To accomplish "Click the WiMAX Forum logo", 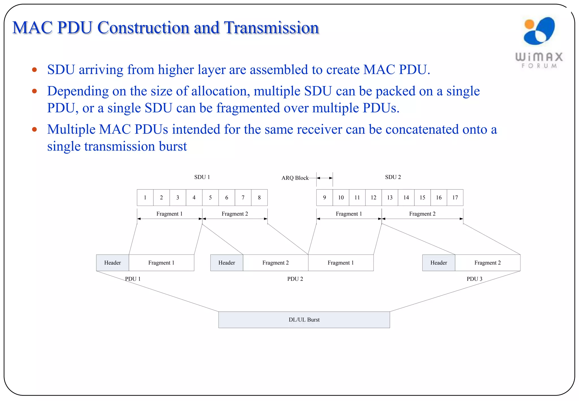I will tap(539, 42).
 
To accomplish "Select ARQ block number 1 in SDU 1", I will tap(145, 198).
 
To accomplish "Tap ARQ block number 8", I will tap(259, 198).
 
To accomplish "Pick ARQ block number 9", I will tap(325, 198).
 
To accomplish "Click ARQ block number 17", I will tap(455, 198).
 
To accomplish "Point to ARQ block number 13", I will tap(390, 198).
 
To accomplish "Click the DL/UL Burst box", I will tap(304, 320).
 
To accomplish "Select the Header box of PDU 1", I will tap(113, 263).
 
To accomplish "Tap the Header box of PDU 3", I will tap(438, 263).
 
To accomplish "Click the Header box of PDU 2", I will tap(226, 263).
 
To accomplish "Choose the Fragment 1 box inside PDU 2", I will tap(341, 263).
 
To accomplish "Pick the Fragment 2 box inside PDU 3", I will tap(487, 263).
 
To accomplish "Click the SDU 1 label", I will tap(202, 177).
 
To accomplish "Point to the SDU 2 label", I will tap(393, 177).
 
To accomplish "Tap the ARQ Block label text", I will tap(295, 178).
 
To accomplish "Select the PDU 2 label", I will tap(295, 279).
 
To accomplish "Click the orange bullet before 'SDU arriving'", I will tap(34, 70).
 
